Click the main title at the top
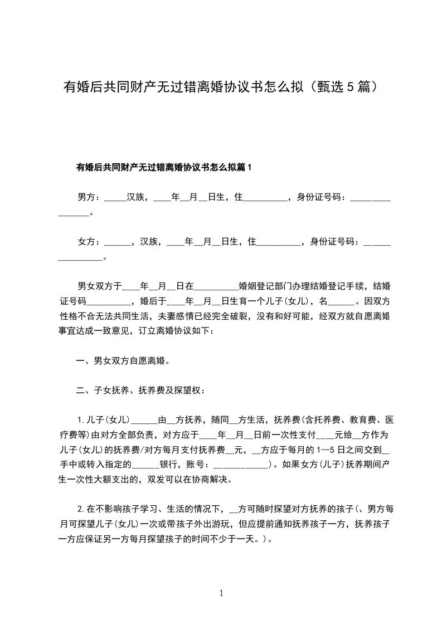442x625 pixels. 221,87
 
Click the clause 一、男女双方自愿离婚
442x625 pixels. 123,360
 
